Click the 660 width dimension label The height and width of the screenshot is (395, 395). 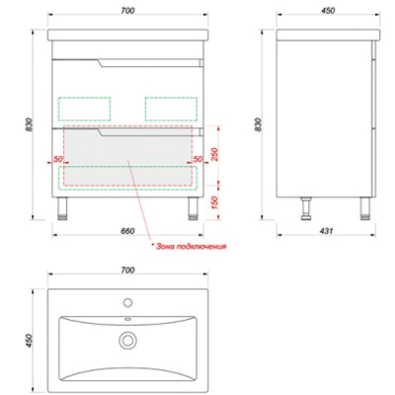point(127,231)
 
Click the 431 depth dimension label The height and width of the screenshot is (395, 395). point(326,231)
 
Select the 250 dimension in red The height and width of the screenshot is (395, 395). point(213,154)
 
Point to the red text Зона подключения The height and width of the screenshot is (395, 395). point(189,246)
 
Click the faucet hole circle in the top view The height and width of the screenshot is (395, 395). point(127,302)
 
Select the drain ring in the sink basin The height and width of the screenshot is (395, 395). point(127,340)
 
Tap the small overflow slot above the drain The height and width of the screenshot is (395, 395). point(127,319)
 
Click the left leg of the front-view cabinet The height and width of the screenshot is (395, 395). point(62,208)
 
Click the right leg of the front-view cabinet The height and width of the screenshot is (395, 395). point(194,208)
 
